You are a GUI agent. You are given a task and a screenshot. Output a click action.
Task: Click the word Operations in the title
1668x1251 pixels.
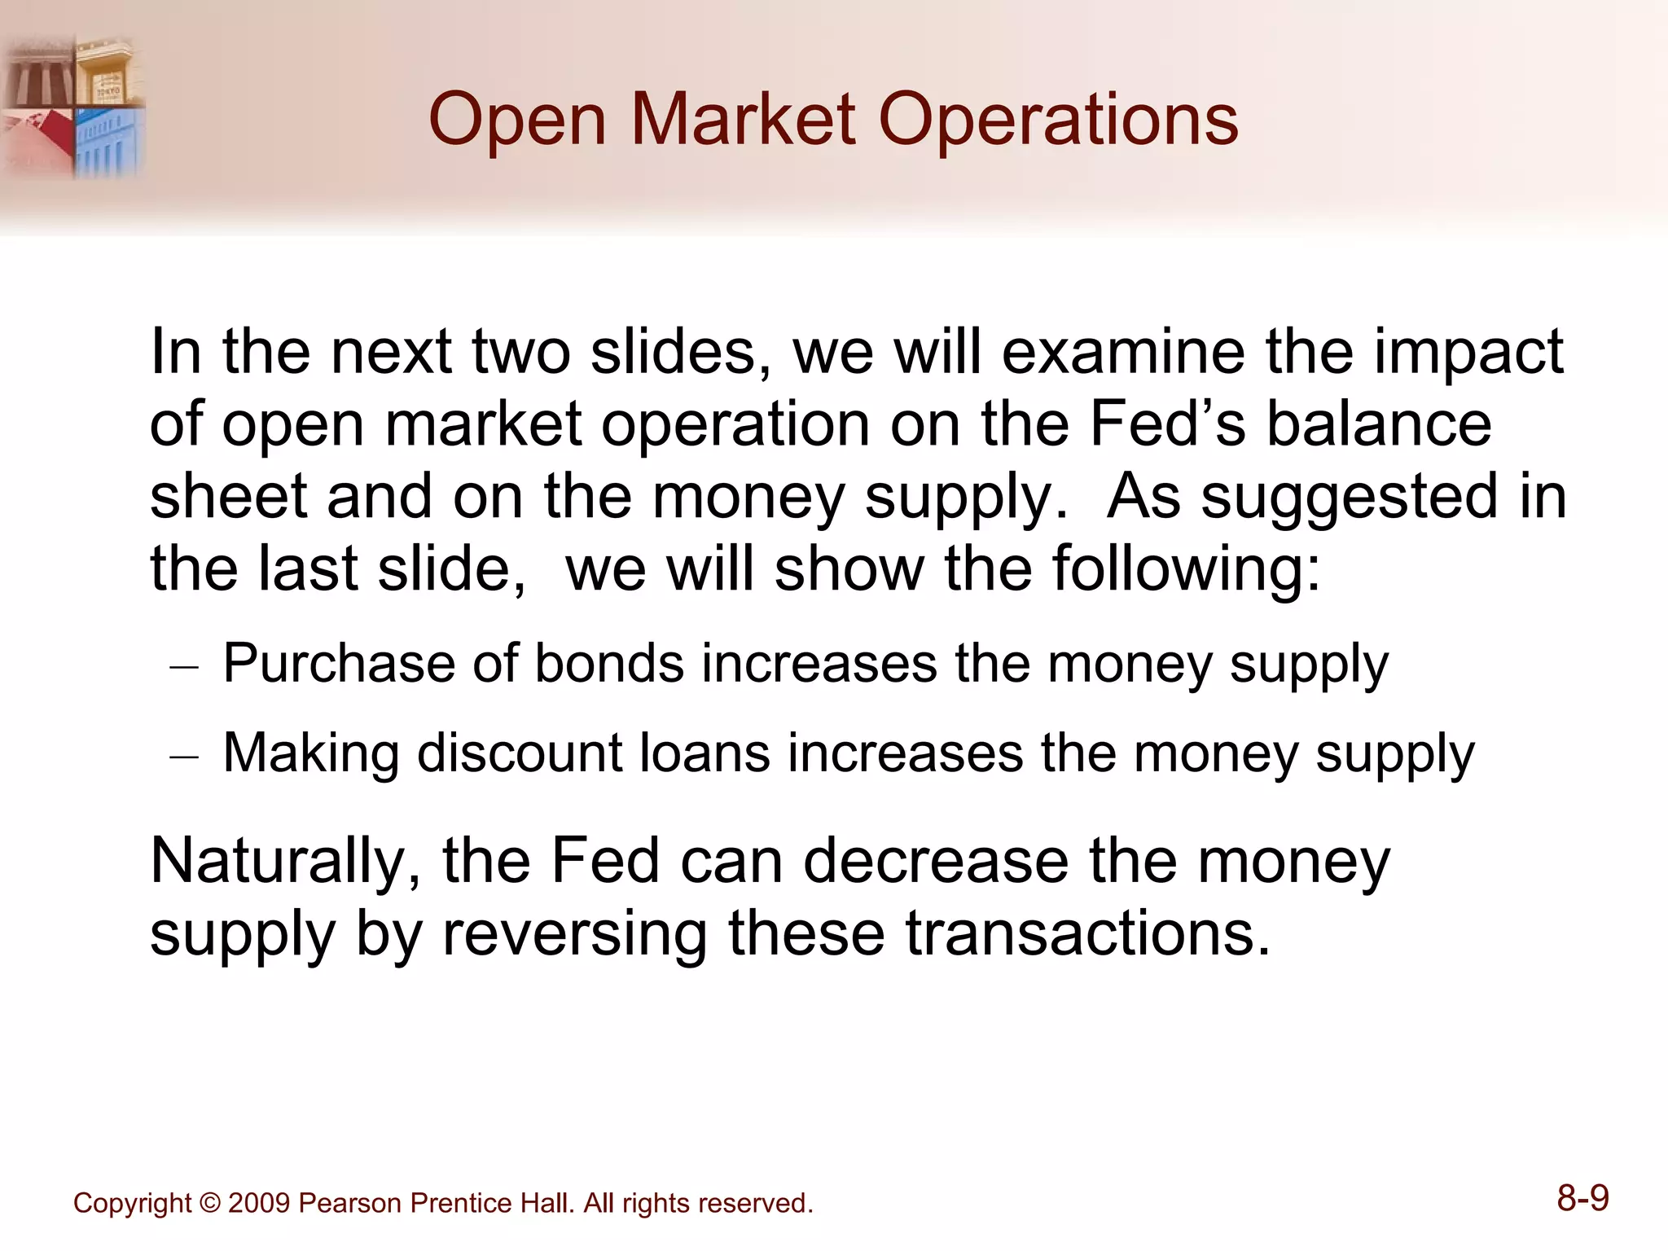point(1058,121)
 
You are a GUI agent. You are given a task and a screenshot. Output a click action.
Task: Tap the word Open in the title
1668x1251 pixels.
point(517,121)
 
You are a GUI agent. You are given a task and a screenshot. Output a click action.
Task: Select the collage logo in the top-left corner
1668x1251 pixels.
point(73,106)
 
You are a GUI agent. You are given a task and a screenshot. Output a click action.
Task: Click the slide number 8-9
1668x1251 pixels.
point(1582,1198)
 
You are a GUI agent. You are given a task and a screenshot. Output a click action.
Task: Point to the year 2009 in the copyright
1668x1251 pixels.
point(259,1203)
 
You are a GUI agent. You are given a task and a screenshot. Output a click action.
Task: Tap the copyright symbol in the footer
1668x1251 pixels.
point(209,1203)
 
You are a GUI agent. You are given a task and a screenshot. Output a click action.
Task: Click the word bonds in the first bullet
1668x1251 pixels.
point(608,664)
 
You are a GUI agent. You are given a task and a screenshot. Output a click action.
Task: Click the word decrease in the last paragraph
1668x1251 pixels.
point(936,862)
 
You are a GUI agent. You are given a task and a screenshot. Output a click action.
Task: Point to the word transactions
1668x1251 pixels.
point(1087,933)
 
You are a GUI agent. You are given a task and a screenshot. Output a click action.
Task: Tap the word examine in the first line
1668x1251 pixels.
point(1123,352)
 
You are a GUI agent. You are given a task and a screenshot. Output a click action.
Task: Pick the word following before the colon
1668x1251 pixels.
point(1186,568)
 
